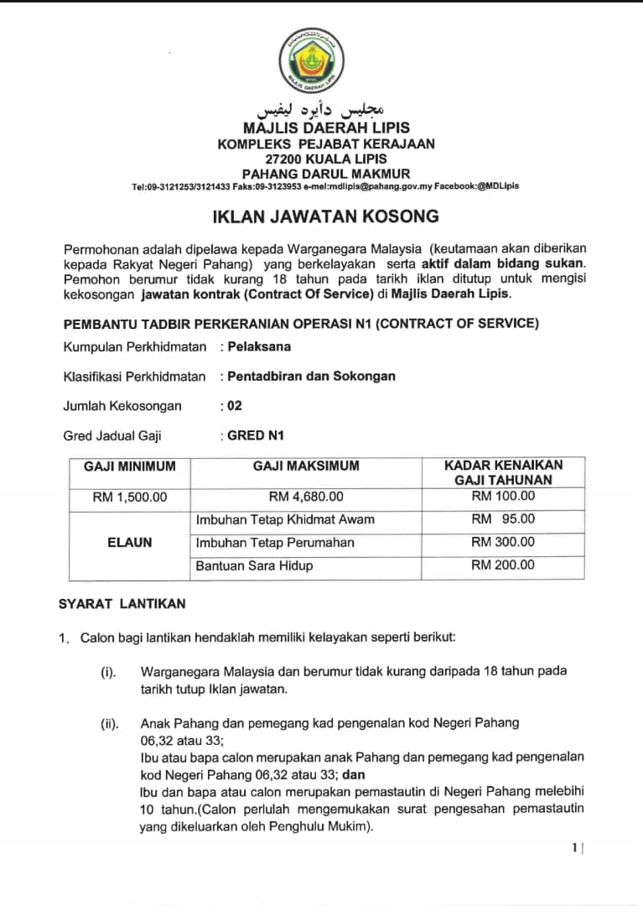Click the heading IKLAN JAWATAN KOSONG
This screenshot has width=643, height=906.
(x=325, y=216)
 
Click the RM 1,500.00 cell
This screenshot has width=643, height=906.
(x=130, y=497)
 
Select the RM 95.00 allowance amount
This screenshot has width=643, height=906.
(x=503, y=519)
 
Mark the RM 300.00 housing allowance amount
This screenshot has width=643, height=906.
(x=503, y=543)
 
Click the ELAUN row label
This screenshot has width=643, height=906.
(x=130, y=543)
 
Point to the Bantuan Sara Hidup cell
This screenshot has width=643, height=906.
(x=255, y=566)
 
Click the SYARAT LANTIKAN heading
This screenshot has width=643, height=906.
(x=122, y=604)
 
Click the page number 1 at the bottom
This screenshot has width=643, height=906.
(x=574, y=848)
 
